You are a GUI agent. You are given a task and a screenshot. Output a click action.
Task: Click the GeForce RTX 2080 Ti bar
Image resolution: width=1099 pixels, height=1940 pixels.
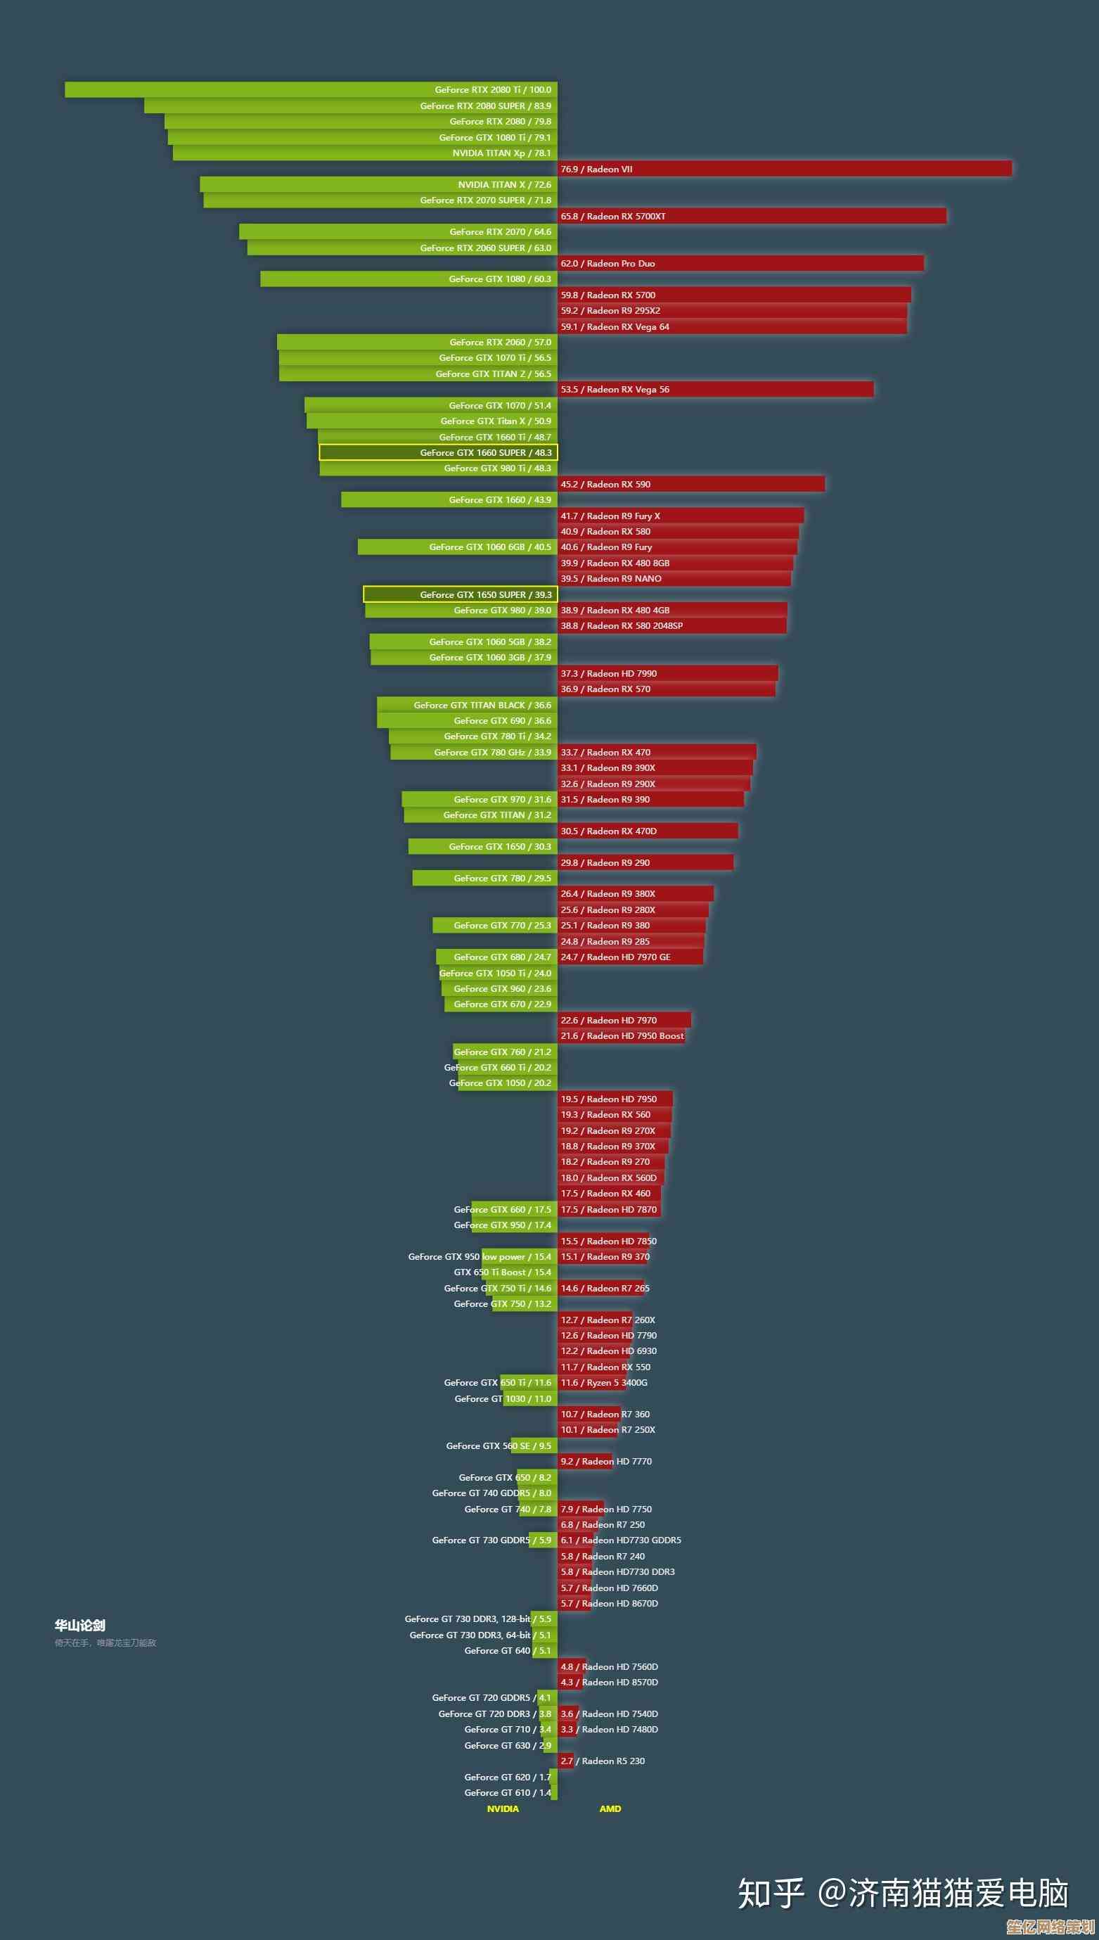coord(311,90)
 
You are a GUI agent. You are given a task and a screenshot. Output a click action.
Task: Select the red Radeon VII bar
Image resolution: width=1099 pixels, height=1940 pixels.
coord(784,169)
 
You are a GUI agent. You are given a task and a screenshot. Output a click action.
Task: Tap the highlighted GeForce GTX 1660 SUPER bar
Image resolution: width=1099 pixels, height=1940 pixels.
coord(438,453)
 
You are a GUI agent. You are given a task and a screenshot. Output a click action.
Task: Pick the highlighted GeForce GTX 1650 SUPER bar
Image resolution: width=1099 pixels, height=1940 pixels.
coord(460,595)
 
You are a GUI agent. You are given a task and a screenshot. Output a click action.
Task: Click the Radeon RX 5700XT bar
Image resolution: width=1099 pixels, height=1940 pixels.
coord(752,217)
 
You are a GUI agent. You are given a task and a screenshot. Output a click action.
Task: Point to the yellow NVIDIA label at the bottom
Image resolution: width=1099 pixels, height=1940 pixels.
coord(503,1808)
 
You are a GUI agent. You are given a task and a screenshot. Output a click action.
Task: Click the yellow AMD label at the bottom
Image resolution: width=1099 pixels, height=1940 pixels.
coord(610,1808)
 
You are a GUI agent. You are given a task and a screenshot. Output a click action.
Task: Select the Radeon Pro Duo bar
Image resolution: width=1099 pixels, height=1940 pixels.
coord(740,264)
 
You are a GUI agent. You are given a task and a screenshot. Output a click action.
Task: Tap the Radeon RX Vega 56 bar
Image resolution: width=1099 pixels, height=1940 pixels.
coord(716,390)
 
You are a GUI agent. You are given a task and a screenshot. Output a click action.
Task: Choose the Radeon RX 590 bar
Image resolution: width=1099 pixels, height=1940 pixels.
coord(691,485)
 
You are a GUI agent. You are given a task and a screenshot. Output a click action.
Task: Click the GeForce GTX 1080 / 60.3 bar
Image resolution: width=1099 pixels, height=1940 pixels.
coord(409,279)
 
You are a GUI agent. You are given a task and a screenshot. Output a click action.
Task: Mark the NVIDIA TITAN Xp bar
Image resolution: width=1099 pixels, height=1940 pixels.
coord(364,153)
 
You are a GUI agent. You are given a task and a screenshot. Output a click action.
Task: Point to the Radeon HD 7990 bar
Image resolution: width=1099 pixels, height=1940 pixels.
coord(668,673)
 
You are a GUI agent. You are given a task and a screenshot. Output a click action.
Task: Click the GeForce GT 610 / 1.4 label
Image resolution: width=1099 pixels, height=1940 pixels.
coord(507,1793)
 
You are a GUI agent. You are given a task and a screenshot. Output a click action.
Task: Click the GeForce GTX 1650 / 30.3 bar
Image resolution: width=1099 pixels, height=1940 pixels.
coord(482,847)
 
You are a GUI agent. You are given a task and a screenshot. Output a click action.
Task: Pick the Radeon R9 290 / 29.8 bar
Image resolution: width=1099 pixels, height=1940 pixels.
coord(645,863)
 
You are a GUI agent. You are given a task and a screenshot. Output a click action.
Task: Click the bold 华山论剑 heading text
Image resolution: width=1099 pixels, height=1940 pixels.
coord(80,1625)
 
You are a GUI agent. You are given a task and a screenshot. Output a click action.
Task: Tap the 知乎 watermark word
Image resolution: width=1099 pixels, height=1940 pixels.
coord(771,1892)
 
